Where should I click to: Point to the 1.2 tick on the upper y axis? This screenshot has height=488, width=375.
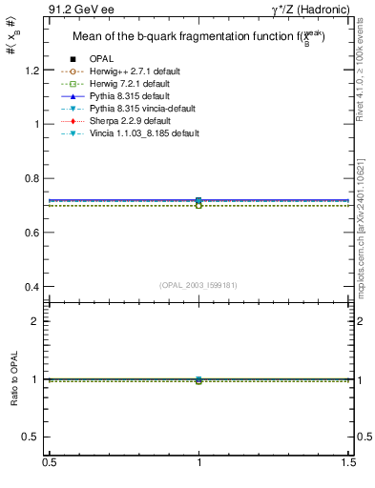coord(31,71)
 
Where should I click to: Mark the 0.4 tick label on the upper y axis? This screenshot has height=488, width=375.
coord(31,287)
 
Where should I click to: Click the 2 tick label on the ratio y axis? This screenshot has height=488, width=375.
coord(35,322)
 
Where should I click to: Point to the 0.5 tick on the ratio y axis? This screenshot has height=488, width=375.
coord(31,437)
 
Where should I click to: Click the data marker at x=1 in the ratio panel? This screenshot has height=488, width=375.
coord(198,379)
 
